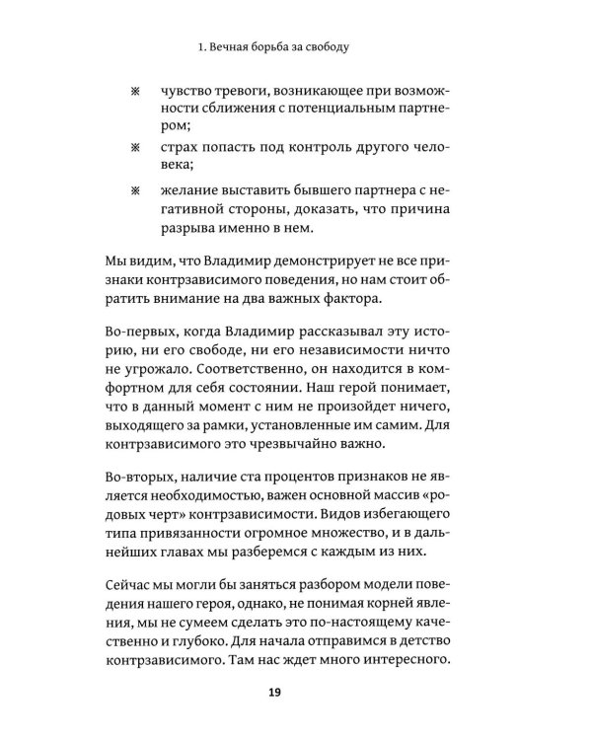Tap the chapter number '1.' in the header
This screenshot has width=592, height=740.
(x=202, y=45)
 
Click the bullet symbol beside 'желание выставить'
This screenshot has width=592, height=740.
(x=136, y=185)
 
